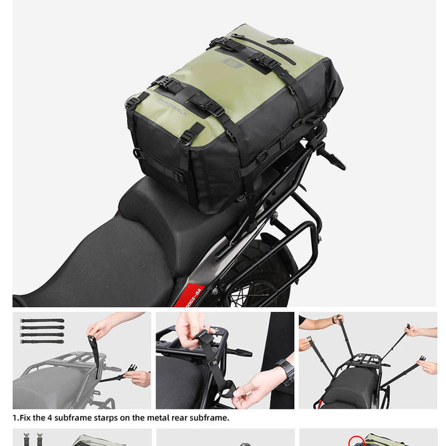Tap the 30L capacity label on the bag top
[231, 63]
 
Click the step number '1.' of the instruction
[16, 418]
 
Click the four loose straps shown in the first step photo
[42, 331]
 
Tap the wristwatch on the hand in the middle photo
[285, 371]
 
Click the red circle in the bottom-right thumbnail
[356, 440]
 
